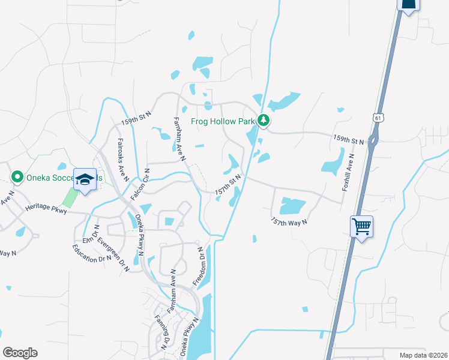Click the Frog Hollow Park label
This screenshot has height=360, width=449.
tap(223, 121)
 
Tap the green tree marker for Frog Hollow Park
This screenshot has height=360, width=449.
tap(264, 121)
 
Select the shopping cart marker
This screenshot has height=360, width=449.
tap(361, 227)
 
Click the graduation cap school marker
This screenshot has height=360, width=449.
tap(85, 179)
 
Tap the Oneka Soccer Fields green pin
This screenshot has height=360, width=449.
tap(17, 177)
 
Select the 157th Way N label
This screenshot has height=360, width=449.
tap(289, 221)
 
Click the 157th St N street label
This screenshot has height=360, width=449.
tap(228, 185)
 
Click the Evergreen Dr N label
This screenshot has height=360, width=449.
tap(114, 246)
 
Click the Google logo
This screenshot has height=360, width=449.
tap(20, 353)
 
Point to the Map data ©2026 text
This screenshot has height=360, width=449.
tap(423, 355)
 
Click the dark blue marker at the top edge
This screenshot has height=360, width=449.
tap(408, 5)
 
